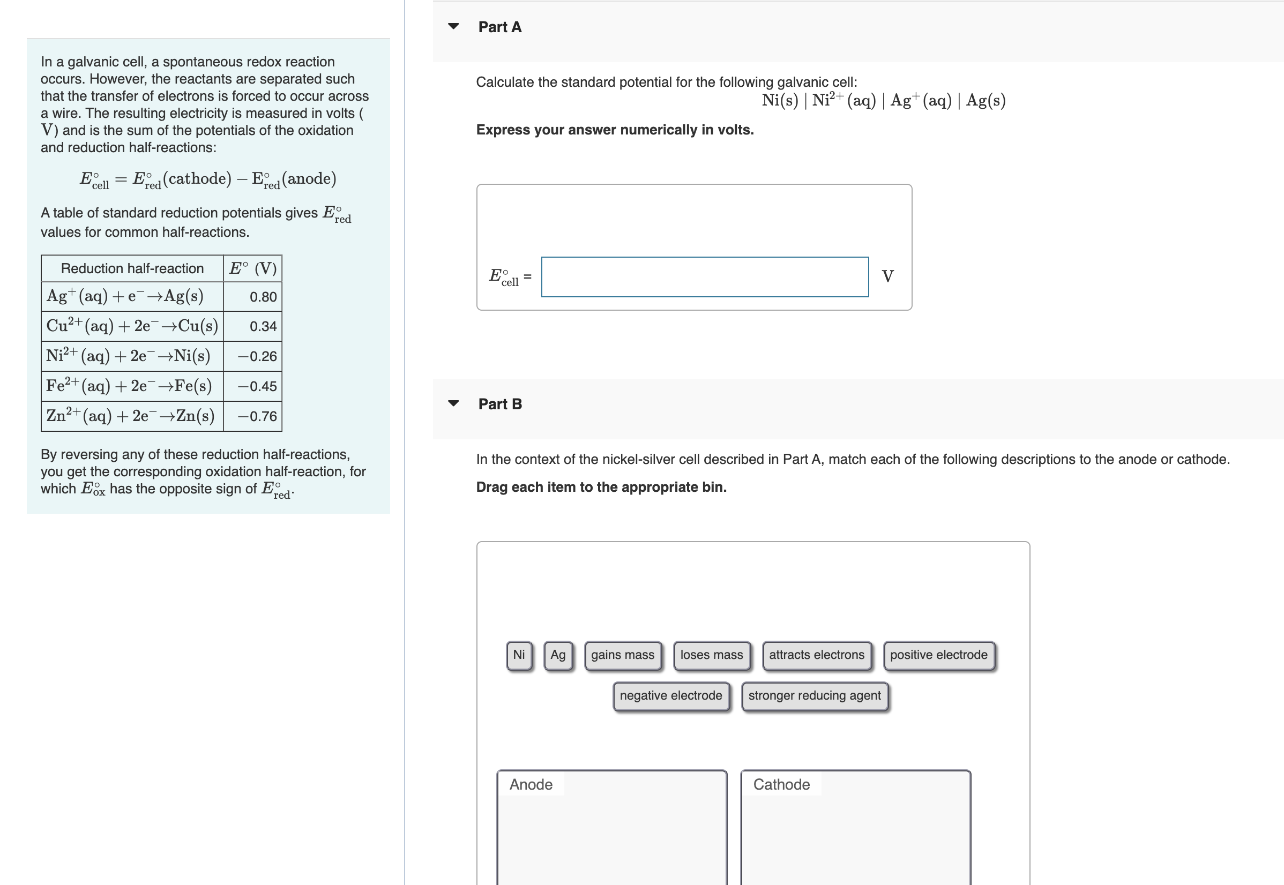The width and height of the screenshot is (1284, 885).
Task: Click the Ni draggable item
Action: [x=519, y=655]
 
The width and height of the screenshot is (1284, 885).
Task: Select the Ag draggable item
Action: [x=557, y=655]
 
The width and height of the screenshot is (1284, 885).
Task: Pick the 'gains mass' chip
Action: [x=622, y=655]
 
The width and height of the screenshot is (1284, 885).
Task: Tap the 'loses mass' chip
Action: [x=711, y=655]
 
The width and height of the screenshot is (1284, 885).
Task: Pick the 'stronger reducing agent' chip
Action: [x=813, y=696]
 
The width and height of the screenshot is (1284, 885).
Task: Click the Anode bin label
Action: [x=531, y=784]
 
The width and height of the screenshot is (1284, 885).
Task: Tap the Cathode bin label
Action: [x=781, y=784]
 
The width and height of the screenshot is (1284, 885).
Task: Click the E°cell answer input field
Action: [x=704, y=277]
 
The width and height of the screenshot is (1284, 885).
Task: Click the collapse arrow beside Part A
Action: [x=453, y=26]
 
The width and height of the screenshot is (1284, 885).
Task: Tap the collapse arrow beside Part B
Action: [x=453, y=403]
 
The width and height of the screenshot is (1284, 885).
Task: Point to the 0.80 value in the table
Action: [x=263, y=297]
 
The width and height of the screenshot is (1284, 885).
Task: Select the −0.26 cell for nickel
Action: [x=257, y=357]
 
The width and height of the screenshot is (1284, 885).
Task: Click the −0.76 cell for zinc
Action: [x=257, y=416]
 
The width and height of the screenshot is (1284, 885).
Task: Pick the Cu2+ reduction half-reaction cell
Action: [x=132, y=326]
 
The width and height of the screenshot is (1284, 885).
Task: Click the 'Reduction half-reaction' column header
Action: [x=132, y=268]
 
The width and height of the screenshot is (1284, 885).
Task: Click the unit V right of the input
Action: [x=887, y=277]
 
